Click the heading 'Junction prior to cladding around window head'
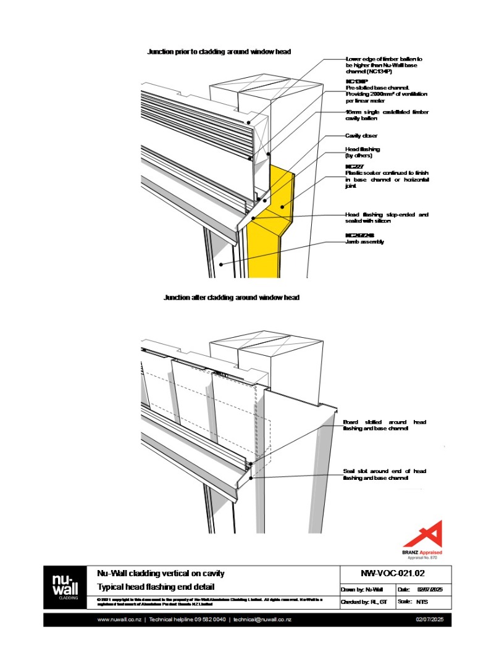tap(219, 52)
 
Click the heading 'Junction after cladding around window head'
tap(231, 298)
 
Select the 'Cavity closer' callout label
tap(361, 135)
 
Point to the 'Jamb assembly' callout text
tap(364, 242)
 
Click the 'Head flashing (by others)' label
tap(362, 153)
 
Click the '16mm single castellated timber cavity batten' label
tap(387, 115)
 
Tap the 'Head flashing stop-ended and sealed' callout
tap(387, 217)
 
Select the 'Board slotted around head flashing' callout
tap(384, 425)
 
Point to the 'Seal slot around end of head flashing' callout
tap(384, 474)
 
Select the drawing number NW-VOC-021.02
tap(396, 573)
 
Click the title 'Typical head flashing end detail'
tap(156, 587)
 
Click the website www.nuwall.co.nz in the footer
tap(120, 619)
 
